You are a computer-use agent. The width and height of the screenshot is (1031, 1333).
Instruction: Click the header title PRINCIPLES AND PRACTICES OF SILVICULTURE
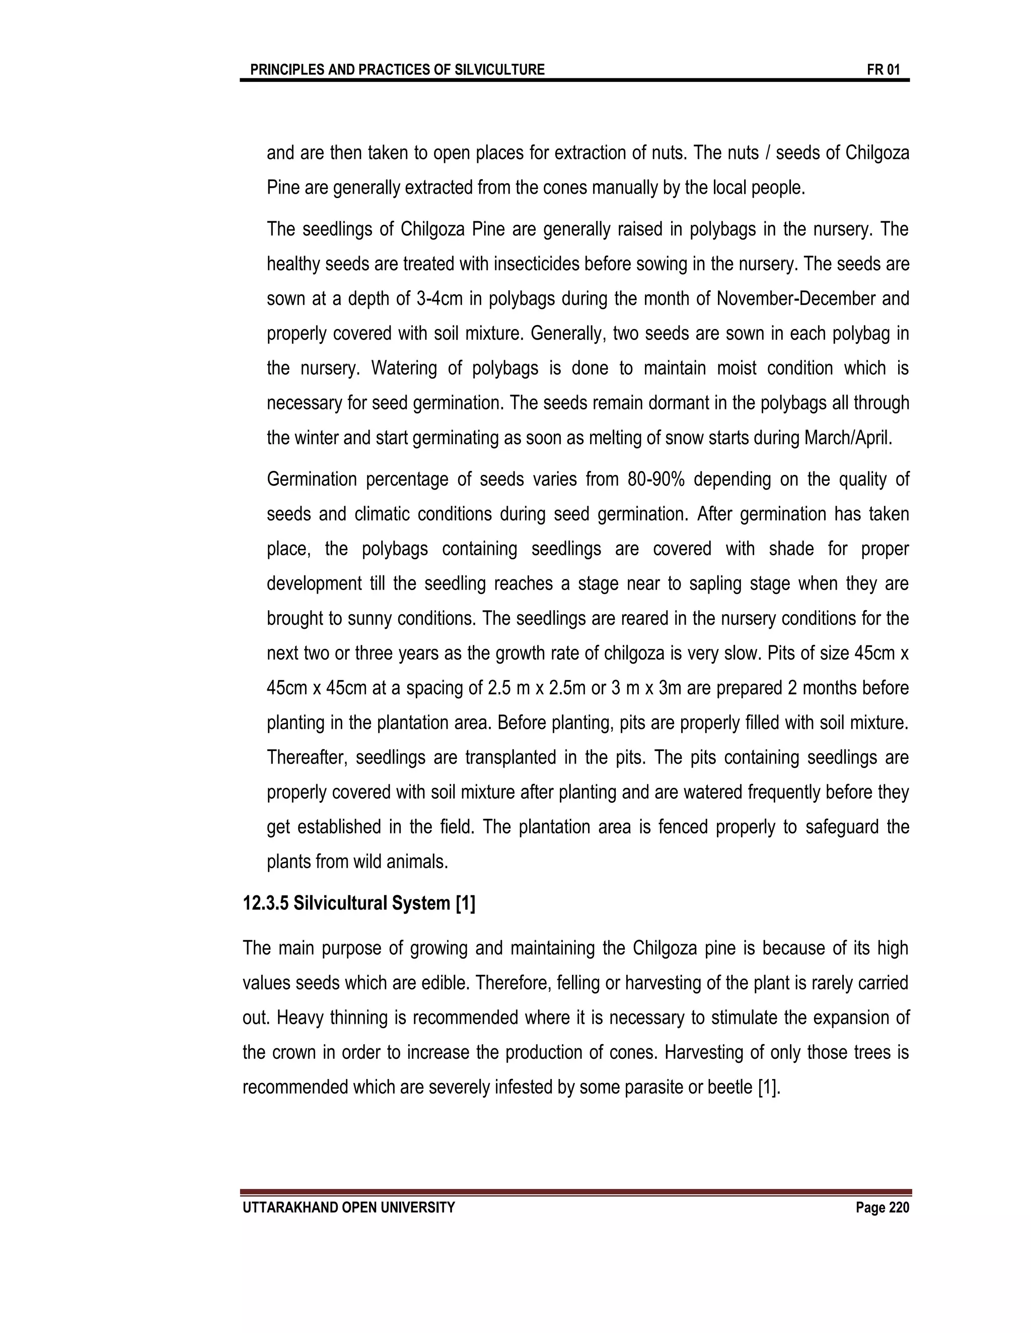[x=397, y=69]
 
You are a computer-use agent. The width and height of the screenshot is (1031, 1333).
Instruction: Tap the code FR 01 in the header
[x=882, y=69]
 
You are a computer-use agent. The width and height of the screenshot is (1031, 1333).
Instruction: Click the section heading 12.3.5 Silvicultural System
[x=358, y=903]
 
